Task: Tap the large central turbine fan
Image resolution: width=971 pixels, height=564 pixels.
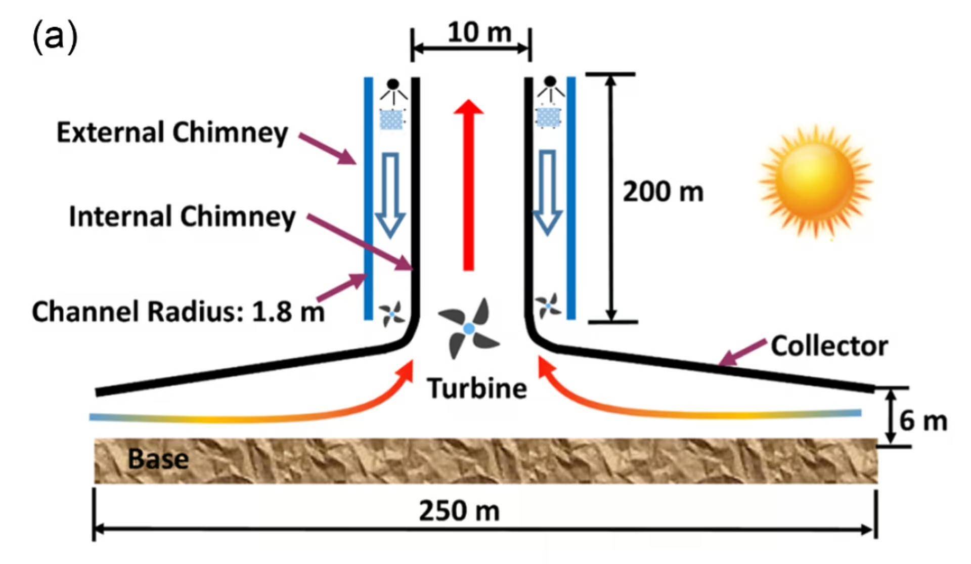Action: point(469,329)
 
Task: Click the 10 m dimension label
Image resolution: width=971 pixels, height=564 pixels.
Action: point(479,32)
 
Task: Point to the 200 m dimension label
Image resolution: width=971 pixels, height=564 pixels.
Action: point(663,192)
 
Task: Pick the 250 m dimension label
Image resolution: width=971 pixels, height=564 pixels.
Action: point(459,510)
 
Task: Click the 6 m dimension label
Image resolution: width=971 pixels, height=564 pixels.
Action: point(922,421)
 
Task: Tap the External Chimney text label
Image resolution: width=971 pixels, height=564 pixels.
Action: point(172,133)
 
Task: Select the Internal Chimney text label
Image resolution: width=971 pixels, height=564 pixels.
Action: point(182,216)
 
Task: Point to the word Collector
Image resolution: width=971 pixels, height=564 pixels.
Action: point(829,346)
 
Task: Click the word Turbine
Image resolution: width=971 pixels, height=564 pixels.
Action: point(477,388)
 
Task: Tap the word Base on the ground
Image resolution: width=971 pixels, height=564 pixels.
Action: point(158,459)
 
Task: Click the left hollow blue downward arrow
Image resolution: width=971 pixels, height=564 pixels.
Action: point(390,195)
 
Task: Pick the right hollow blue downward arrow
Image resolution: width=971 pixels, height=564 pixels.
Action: point(548,192)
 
